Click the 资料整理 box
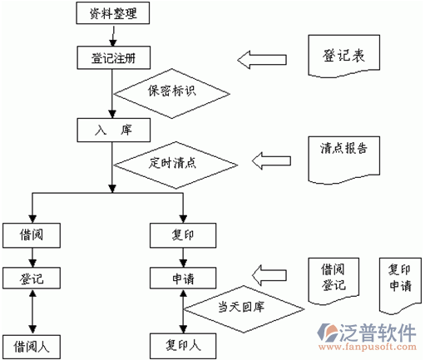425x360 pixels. point(113,13)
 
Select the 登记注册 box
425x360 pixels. point(114,57)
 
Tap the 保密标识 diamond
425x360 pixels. point(172,94)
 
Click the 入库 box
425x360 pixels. point(114,131)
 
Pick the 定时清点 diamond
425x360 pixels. point(175,165)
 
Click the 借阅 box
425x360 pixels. point(32,235)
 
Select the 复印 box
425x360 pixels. point(183,235)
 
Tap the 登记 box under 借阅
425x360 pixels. point(32,278)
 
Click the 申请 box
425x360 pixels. point(183,278)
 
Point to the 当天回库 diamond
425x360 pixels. point(244,309)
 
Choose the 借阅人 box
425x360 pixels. point(32,347)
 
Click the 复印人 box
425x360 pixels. point(183,346)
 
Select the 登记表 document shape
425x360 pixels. point(344,56)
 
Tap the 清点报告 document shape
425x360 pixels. point(344,160)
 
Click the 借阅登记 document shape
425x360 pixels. point(334,280)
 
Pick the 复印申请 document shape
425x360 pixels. point(400,284)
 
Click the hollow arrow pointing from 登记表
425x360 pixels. point(262,60)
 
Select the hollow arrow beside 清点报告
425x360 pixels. point(271,160)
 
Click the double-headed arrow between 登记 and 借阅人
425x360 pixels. point(32,312)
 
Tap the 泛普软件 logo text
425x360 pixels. point(378,333)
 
